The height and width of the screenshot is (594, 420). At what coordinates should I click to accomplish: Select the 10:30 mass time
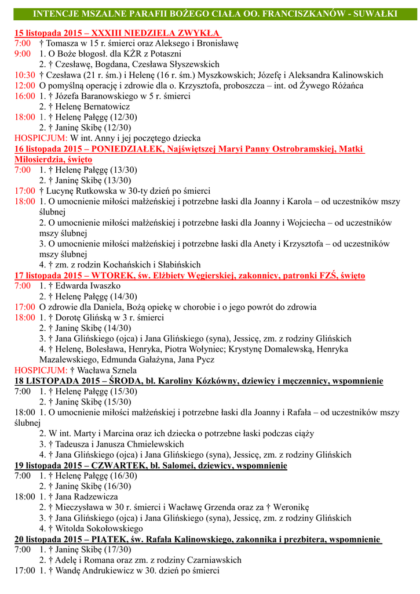pos(25,75)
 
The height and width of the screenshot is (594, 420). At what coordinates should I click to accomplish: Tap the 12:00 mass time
pos(25,86)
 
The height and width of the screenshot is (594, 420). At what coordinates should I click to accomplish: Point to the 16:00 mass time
pos(25,96)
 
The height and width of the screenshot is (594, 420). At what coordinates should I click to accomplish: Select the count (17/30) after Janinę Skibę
pos(118,550)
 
